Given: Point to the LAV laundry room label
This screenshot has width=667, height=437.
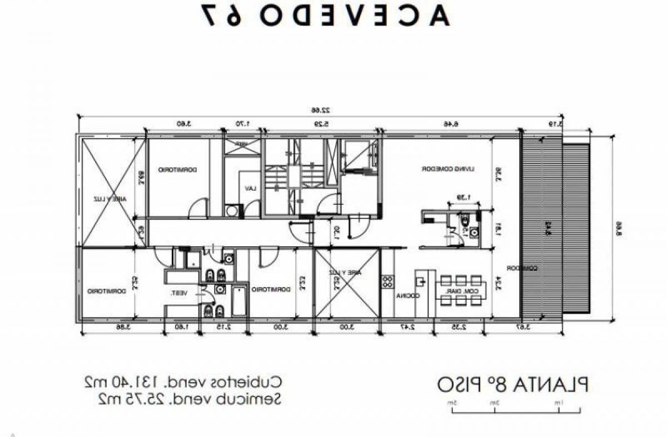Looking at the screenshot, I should (x=250, y=189).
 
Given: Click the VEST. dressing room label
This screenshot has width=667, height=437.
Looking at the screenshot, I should (x=180, y=293).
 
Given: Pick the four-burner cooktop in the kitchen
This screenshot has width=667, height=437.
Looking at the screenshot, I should (x=387, y=282).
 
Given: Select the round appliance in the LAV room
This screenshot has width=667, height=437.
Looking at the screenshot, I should (x=231, y=210).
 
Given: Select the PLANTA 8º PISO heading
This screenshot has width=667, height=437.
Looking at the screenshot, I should (x=512, y=385).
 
